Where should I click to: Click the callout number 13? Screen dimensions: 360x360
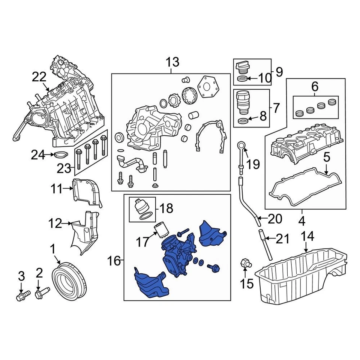[x=172, y=62]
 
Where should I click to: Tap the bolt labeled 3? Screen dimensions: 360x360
[x=21, y=296]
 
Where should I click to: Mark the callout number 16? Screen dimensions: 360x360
[x=115, y=260]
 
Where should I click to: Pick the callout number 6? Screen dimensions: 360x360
[x=315, y=87]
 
